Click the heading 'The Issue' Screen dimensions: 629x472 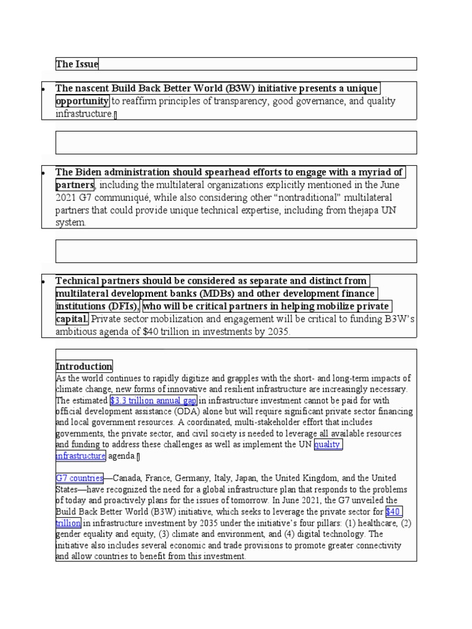pos(77,64)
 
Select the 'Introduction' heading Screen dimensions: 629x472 pos(84,367)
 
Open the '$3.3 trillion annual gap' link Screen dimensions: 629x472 pos(153,400)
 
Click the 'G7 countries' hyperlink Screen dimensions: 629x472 pos(79,478)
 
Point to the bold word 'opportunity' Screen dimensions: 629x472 pos(82,101)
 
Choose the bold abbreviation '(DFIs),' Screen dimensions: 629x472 pos(122,306)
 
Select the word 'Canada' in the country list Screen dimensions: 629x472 pos(124,478)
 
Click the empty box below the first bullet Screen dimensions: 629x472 pos(236,143)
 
